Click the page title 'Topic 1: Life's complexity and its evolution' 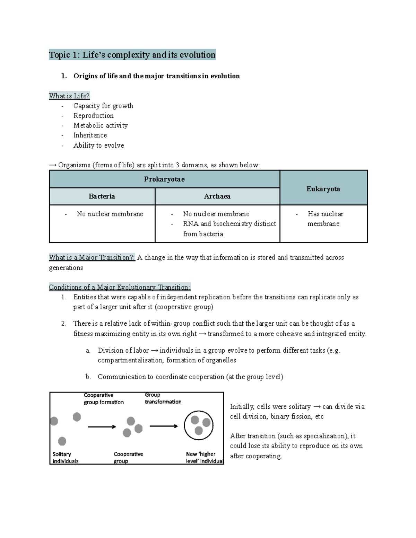click(132, 55)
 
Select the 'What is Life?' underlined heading click(69, 96)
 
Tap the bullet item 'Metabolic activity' click(101, 125)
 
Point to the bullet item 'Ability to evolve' click(98, 145)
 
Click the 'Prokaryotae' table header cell click(164, 179)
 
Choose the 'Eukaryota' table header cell click(323, 189)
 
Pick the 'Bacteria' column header click(102, 196)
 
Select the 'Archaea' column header click(217, 196)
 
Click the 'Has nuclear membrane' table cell click(325, 219)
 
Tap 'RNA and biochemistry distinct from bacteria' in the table click(229, 229)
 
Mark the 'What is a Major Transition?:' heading click(92, 257)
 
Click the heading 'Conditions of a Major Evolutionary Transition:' click(120, 287)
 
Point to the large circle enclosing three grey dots click(199, 425)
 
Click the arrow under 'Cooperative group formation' click(102, 427)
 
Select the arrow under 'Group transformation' click(163, 426)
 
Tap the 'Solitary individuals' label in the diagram click(65, 457)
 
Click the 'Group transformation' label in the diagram click(163, 398)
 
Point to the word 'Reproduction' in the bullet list click(93, 116)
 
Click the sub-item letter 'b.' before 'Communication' click(88, 377)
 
